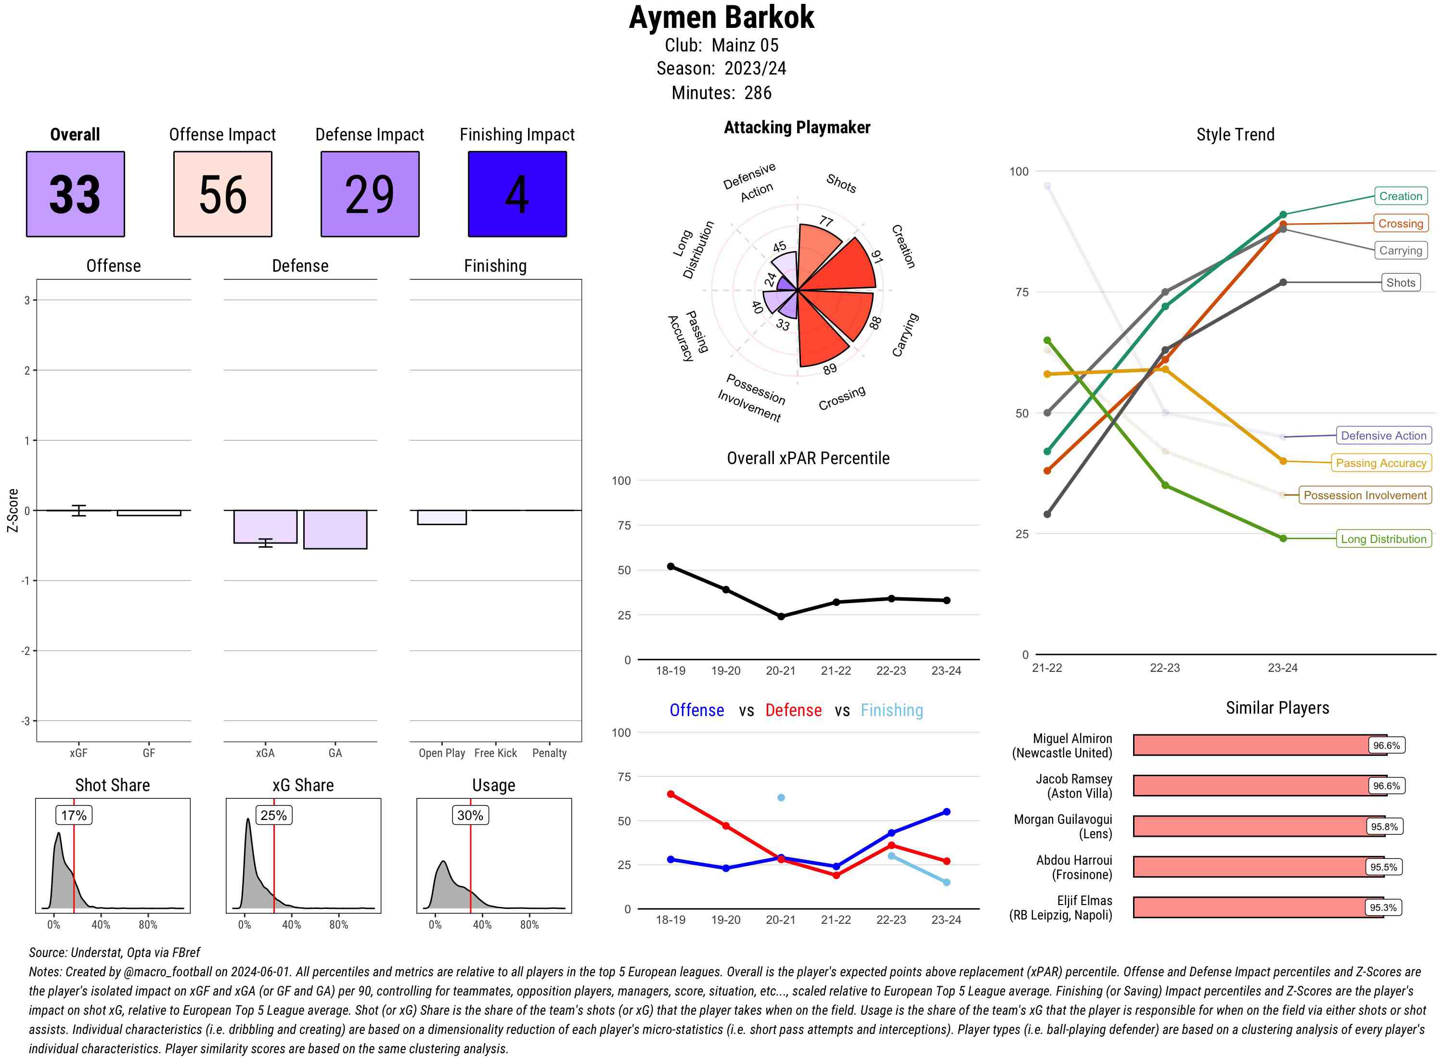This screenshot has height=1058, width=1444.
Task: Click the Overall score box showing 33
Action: coord(75,194)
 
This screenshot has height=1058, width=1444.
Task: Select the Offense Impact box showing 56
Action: coord(222,194)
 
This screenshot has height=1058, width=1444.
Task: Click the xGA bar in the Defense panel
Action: coord(265,527)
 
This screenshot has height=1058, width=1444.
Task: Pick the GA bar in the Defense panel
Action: coord(335,529)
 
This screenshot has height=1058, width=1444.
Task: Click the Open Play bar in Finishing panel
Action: coord(441,517)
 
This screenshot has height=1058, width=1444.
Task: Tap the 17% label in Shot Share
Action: coord(74,815)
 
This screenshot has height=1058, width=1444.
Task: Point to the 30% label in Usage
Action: coord(470,815)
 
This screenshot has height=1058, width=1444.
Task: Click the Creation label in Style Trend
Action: coord(1400,196)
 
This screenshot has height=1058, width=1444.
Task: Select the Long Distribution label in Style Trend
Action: coord(1383,539)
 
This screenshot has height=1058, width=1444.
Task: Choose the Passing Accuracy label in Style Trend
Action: coord(1380,463)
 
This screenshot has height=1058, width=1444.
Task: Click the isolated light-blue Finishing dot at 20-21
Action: coord(781,797)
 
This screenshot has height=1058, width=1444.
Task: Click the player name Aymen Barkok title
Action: coord(721,17)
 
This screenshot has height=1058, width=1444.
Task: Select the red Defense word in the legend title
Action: coord(793,710)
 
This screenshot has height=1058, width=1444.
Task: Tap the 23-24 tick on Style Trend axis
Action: coord(1282,668)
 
